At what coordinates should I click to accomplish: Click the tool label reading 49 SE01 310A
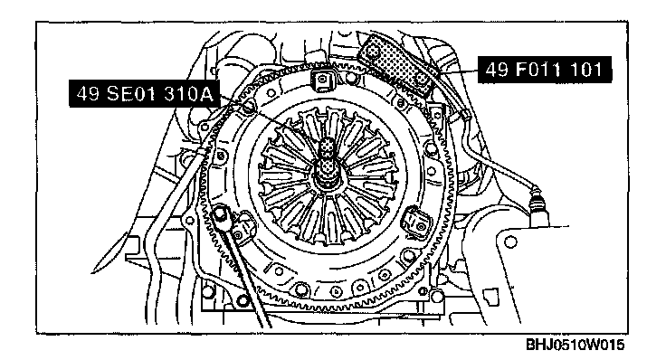coord(145,93)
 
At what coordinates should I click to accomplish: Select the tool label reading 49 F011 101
coord(545,70)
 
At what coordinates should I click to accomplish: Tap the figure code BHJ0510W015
coord(576,345)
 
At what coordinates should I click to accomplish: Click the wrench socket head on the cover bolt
coord(220,215)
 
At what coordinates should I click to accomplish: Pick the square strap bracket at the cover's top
coord(322,80)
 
